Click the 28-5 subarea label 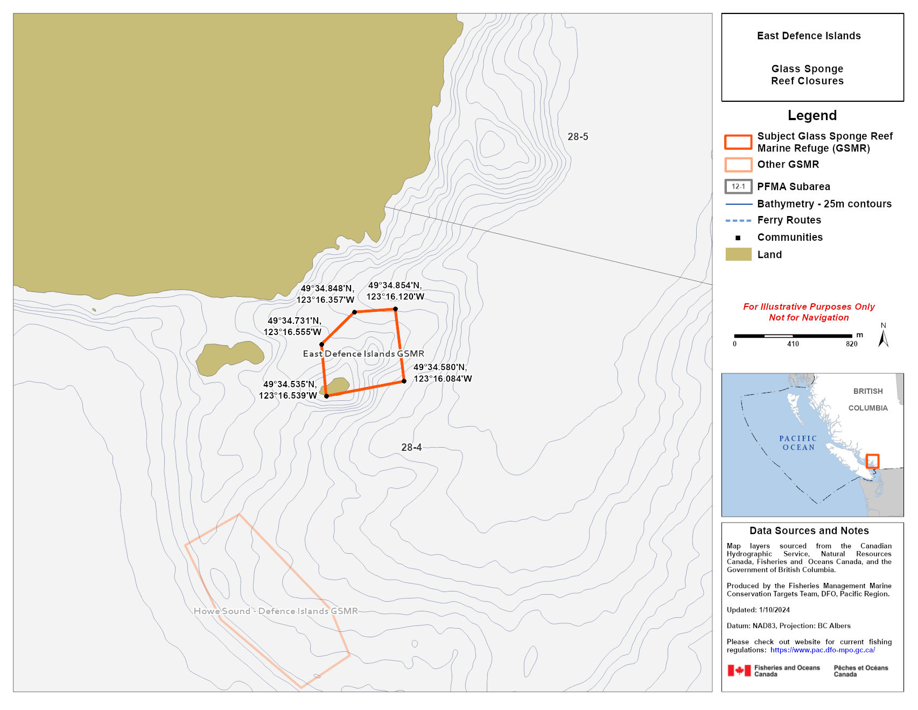[578, 137]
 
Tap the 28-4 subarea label [411, 448]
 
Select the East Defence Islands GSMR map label [363, 354]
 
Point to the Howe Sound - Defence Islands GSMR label [276, 611]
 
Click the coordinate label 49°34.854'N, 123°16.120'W [395, 291]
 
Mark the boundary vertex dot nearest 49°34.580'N [404, 381]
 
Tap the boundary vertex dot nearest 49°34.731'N [321, 345]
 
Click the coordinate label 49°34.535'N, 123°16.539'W [289, 390]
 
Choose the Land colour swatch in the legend [738, 254]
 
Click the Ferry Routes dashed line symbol [738, 220]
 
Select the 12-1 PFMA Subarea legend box [738, 186]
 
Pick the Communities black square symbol [738, 238]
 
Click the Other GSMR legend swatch [738, 164]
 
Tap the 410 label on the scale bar [793, 344]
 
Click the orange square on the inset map [872, 461]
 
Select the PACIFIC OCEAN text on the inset [798, 443]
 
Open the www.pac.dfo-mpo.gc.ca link [822, 650]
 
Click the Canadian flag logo [739, 671]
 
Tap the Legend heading [812, 115]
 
